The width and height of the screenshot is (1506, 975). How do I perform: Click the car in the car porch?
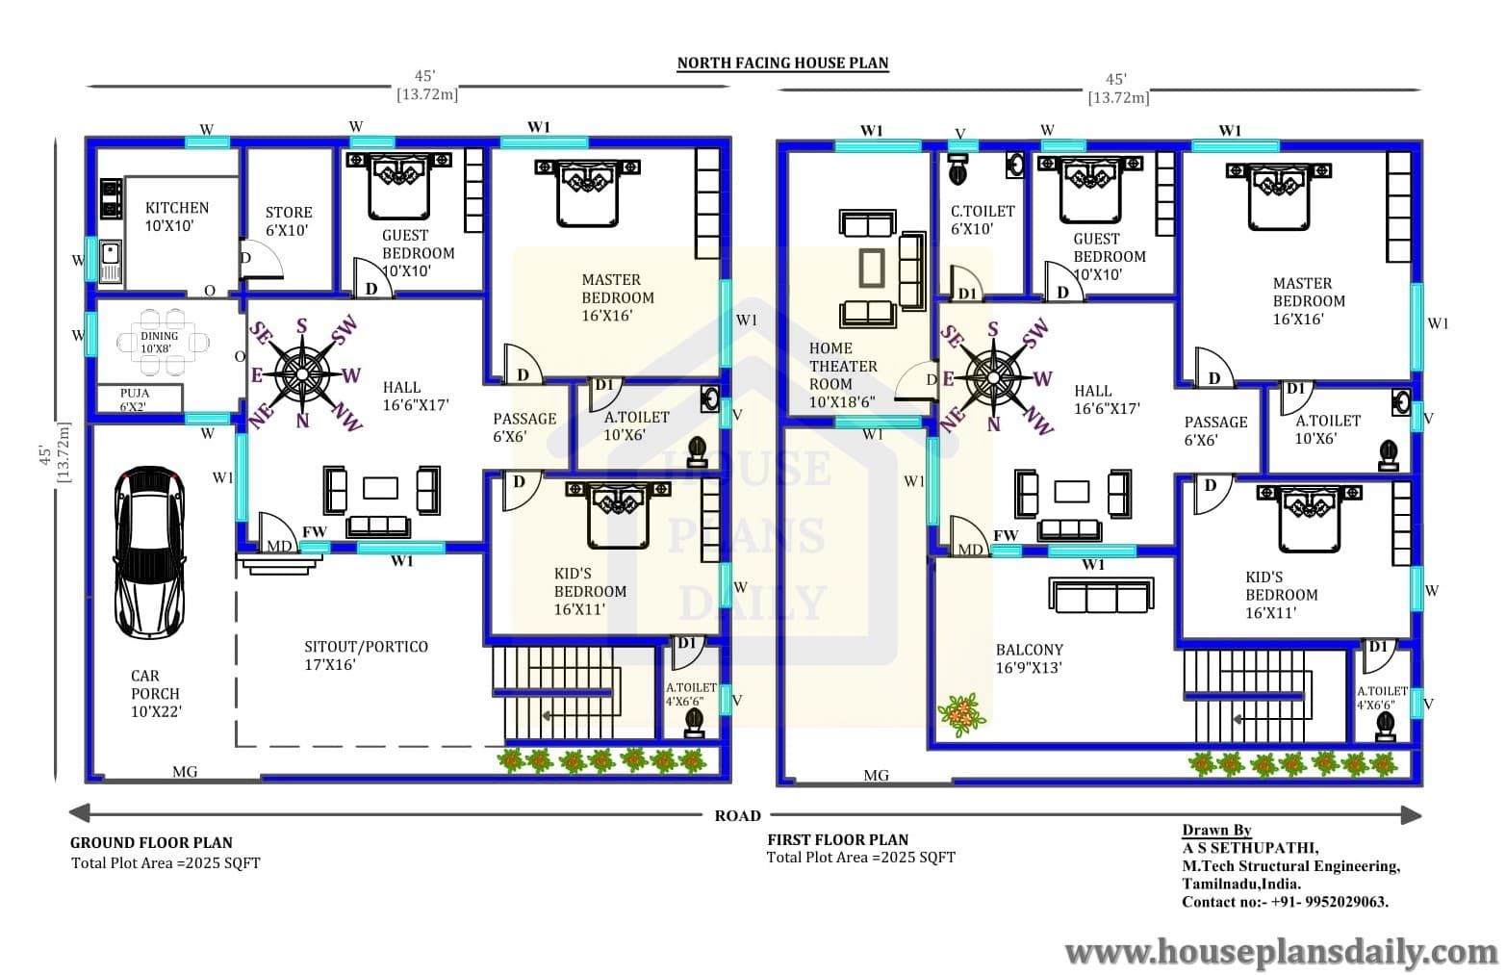pos(149,552)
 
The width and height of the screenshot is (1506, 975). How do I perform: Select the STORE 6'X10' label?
pos(289,221)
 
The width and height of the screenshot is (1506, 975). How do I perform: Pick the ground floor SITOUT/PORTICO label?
pos(366,655)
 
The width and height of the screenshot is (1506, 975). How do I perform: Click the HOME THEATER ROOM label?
pos(843,375)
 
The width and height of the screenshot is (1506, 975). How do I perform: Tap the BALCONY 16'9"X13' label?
pos(1030,659)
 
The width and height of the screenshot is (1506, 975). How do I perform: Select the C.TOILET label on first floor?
pos(983,219)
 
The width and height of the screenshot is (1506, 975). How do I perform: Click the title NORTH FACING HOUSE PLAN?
pos(782,64)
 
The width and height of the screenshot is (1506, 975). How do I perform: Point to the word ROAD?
pos(737,815)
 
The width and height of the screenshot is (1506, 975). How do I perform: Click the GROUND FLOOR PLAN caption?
pos(151,842)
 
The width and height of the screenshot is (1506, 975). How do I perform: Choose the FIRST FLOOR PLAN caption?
pos(838,839)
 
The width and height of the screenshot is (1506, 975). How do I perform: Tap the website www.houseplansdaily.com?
pos(1281,952)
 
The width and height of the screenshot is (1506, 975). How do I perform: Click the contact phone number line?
pos(1286,902)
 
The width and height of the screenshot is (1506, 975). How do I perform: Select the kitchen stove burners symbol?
pos(111,198)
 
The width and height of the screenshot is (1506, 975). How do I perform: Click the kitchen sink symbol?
pos(111,261)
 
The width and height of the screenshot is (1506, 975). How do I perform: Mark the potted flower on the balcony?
pos(962,715)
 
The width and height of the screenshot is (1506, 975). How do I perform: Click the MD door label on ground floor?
pos(279,546)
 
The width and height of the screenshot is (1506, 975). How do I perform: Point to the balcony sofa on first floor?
pos(1101,596)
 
